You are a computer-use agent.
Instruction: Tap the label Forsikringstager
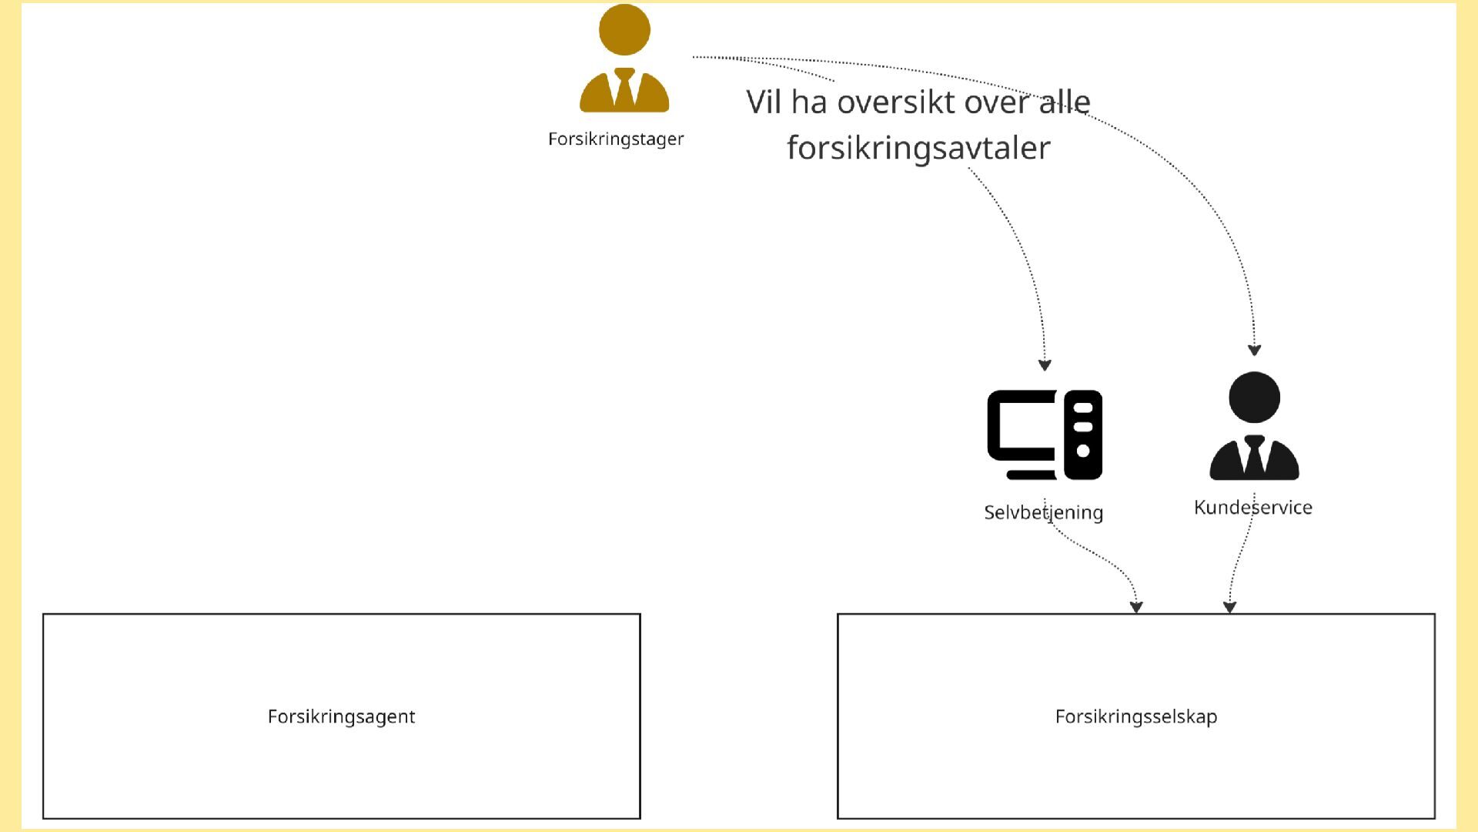[x=616, y=139]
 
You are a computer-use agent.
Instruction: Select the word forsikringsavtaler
[x=918, y=148]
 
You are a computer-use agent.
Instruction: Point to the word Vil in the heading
[x=764, y=102]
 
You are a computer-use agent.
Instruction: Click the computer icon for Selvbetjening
[x=1045, y=434]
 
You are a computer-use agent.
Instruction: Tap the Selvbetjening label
[x=1043, y=512]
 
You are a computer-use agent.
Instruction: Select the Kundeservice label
[x=1252, y=508]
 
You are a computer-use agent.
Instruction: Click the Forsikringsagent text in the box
[x=341, y=716]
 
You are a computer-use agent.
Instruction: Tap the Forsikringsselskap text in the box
[x=1135, y=716]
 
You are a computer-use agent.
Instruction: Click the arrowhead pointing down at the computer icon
[x=1045, y=365]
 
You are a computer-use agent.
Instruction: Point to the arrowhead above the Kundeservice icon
[x=1254, y=351]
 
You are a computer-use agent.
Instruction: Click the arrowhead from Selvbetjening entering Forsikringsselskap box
[x=1136, y=607]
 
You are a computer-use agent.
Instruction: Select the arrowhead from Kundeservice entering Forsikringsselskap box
[x=1229, y=607]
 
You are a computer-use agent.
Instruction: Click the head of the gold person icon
[x=624, y=30]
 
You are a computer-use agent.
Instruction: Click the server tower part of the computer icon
[x=1083, y=434]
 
